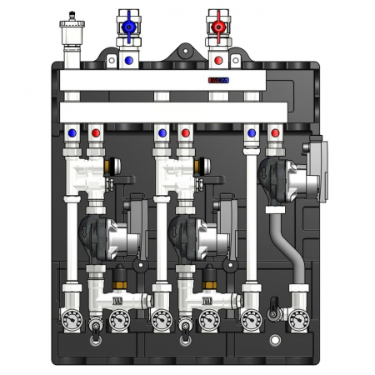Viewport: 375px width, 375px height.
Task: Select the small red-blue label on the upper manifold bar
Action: click(218, 81)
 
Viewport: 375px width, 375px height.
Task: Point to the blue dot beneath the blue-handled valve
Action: click(129, 61)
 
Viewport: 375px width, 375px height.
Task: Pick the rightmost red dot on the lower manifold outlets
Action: click(275, 132)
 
